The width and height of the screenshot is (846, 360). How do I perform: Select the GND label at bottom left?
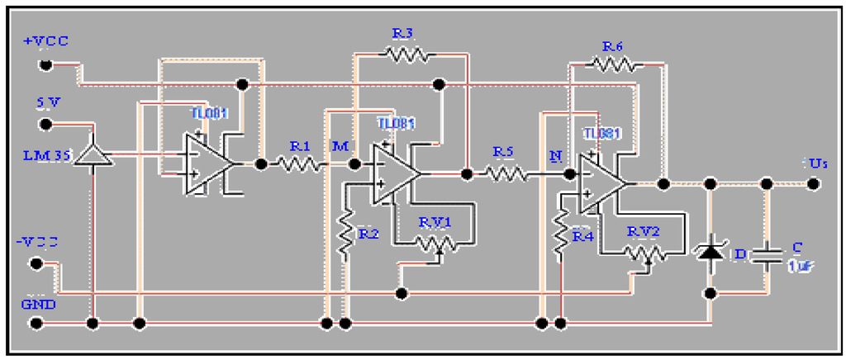pos(38,303)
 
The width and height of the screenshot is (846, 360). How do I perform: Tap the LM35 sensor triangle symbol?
pos(93,154)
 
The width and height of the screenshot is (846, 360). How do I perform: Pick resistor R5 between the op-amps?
pos(505,173)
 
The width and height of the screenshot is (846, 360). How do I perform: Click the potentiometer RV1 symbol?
pos(436,245)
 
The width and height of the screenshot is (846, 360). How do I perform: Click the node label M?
pos(340,146)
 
